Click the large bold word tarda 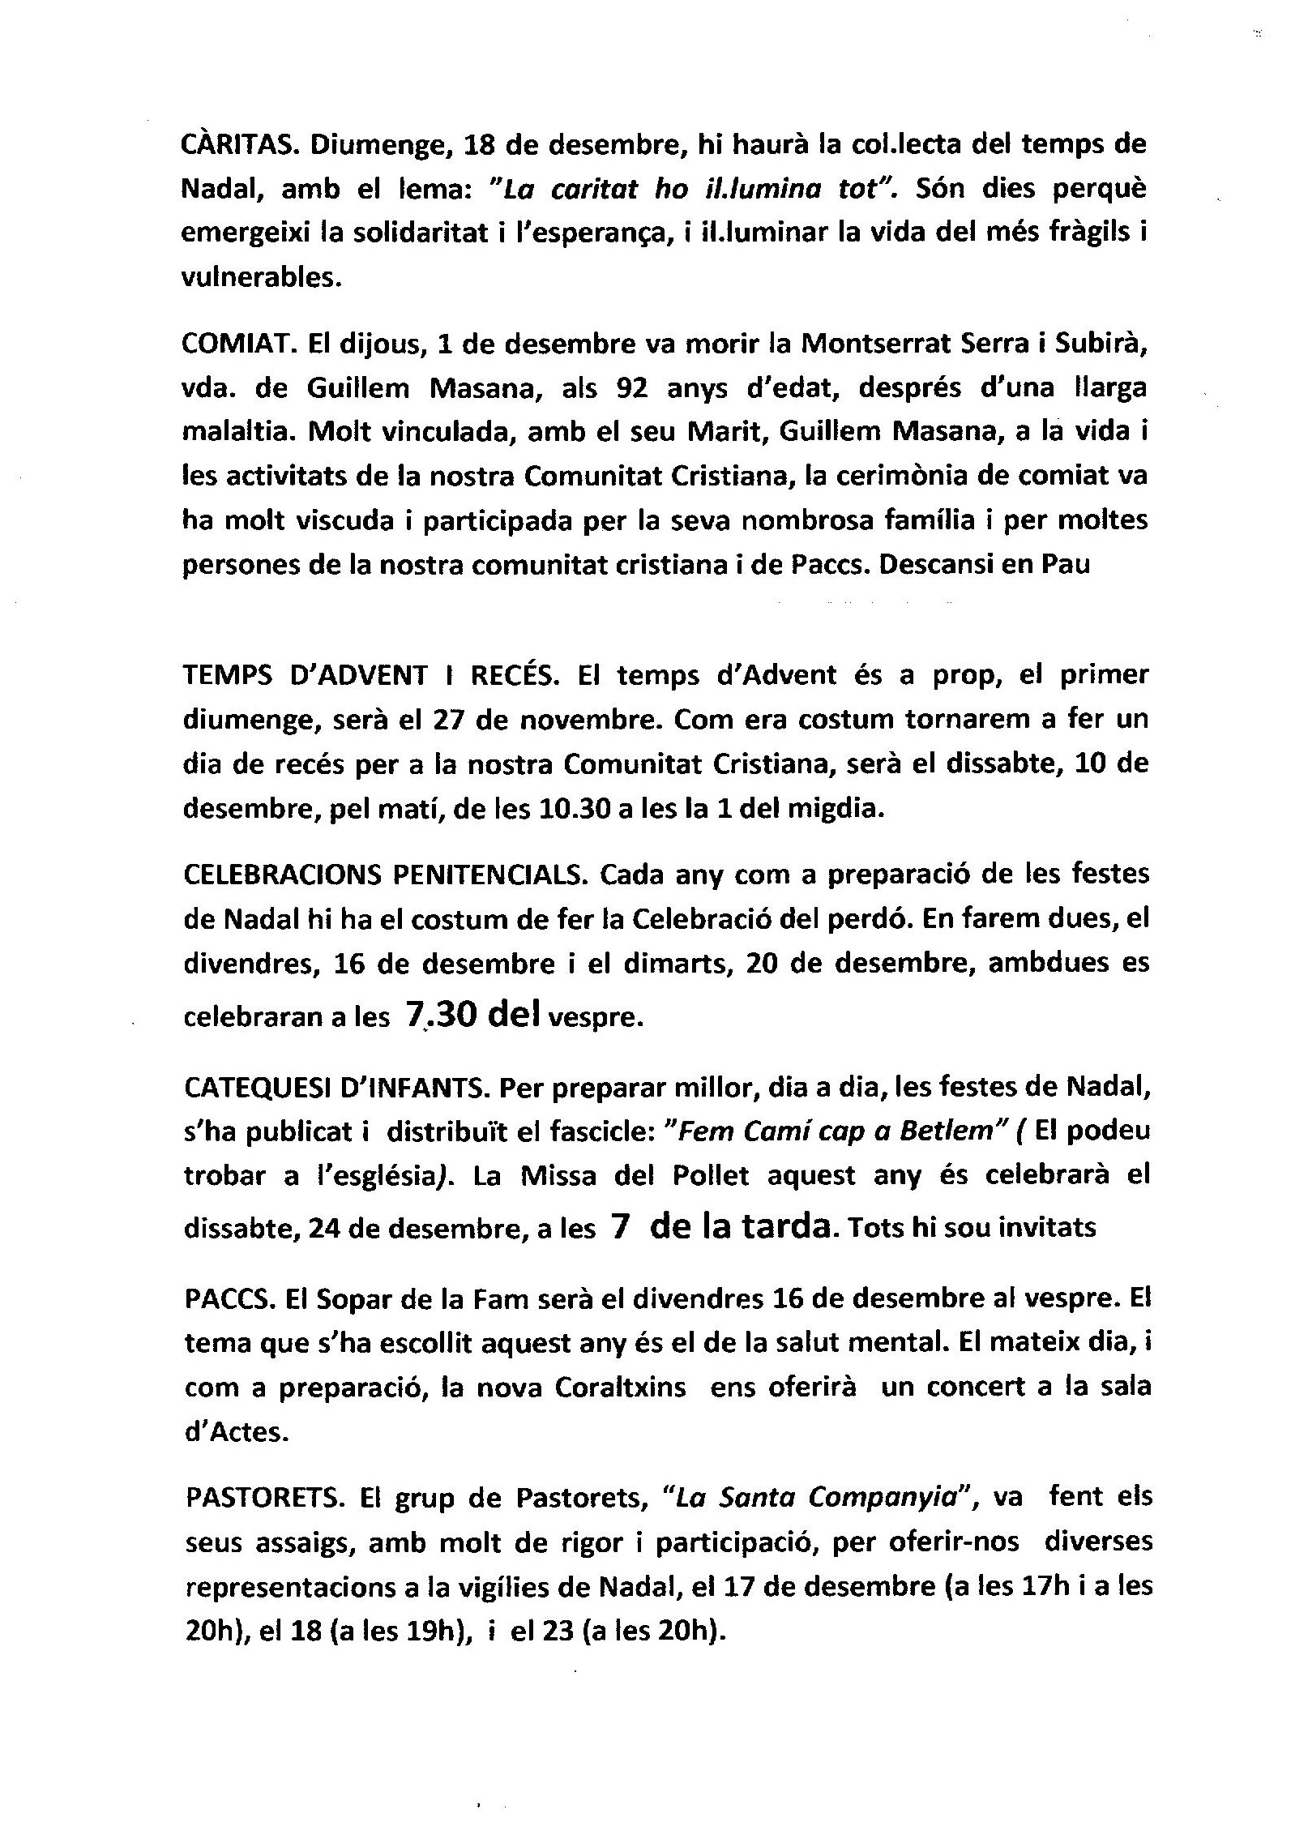(782, 1226)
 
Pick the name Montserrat (866, 344)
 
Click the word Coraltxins (620, 1388)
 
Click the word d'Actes (236, 1432)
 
